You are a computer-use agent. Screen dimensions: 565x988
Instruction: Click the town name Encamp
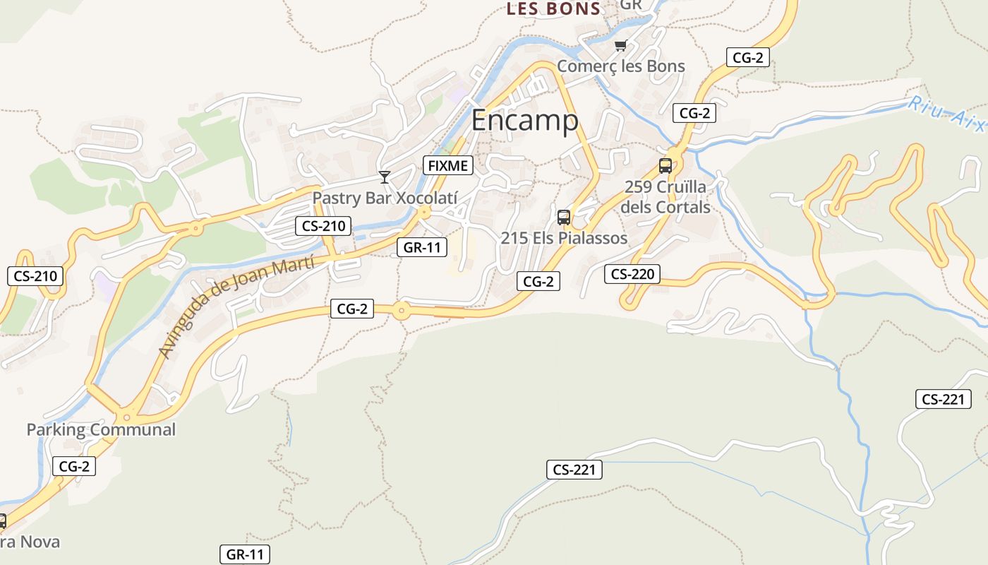pos(524,121)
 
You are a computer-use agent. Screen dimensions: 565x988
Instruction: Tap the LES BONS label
pos(553,9)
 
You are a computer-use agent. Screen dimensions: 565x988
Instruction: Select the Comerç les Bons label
pos(621,66)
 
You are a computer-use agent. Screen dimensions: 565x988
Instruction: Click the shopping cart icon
pos(620,46)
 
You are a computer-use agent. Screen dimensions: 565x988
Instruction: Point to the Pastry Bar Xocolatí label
pos(385,198)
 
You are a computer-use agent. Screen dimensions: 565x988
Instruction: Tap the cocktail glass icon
pos(384,177)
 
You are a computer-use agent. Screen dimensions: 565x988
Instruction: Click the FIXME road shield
pos(447,166)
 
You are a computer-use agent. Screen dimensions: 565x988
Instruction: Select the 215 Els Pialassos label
pos(564,238)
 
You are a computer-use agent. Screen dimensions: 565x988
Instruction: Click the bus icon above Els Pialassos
pos(563,217)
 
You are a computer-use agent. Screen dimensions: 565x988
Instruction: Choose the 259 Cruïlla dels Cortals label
pos(665,197)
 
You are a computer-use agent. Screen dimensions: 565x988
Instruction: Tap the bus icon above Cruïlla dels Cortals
pos(665,166)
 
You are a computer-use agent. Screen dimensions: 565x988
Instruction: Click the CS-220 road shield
pos(632,274)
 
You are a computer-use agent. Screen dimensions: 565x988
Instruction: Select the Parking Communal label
pos(101,429)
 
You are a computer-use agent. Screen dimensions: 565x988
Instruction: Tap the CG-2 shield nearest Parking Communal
pos(73,466)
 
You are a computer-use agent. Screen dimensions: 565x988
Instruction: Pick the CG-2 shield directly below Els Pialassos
pos(538,281)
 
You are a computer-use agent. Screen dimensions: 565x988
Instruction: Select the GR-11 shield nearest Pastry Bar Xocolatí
pos(422,247)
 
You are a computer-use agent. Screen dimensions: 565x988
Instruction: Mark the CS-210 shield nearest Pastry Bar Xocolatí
pos(323,226)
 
